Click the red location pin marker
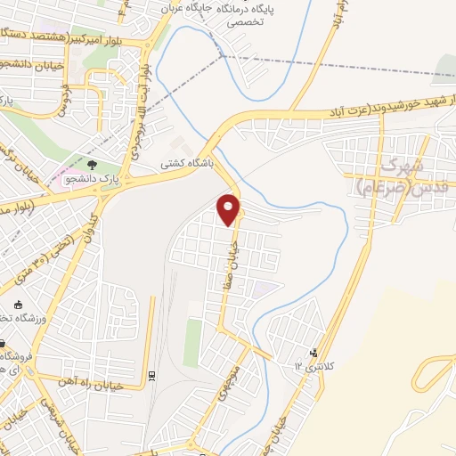tap(230, 209)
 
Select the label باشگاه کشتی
tap(183, 164)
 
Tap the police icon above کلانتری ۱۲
tap(312, 354)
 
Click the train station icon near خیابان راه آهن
tap(151, 375)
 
